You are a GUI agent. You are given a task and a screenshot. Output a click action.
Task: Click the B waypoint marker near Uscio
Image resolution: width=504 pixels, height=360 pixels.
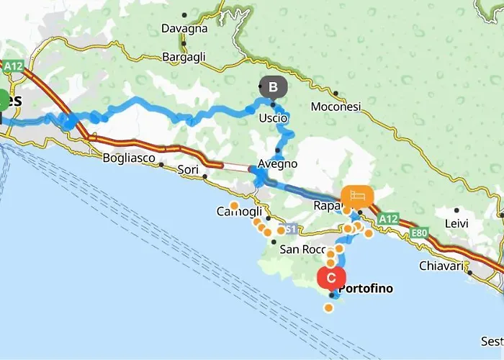click(x=273, y=87)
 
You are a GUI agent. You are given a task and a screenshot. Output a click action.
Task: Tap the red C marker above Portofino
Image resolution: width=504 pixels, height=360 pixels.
click(x=331, y=276)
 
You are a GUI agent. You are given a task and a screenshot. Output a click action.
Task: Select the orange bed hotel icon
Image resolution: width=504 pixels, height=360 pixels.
click(x=358, y=196)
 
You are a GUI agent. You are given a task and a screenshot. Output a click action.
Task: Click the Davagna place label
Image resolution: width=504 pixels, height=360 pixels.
click(x=185, y=29)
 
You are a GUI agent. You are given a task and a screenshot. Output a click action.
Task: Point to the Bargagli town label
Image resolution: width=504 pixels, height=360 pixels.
click(x=184, y=56)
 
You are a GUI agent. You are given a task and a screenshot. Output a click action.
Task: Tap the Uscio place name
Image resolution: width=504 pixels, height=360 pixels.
click(x=274, y=117)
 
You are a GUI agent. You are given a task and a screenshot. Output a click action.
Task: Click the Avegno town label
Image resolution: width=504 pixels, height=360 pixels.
click(x=278, y=163)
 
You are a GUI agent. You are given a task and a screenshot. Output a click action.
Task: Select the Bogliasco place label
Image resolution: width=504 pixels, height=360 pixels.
click(x=127, y=157)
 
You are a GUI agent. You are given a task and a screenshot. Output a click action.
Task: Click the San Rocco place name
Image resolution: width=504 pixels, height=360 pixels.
click(x=298, y=250)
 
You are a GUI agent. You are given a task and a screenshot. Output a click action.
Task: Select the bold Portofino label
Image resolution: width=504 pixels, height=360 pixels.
click(x=366, y=289)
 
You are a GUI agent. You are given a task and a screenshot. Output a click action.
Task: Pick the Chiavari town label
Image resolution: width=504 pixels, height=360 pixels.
click(x=440, y=266)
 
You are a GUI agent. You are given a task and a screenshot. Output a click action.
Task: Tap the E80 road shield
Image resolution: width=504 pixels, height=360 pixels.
click(x=420, y=233)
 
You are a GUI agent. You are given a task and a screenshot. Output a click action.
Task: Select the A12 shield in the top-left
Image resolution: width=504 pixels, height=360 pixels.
click(x=13, y=66)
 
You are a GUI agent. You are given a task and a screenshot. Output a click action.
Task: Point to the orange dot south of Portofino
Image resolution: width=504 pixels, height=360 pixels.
click(x=329, y=308)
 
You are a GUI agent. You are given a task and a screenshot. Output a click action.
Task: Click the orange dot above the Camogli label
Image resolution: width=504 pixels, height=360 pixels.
click(x=234, y=205)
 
